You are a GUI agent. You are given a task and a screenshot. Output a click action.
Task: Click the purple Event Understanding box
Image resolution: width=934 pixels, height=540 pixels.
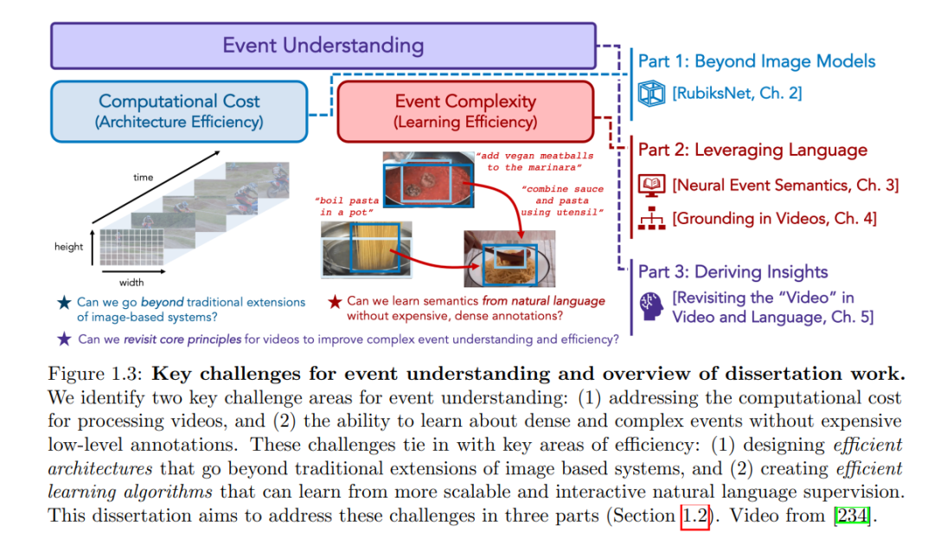coord(323,46)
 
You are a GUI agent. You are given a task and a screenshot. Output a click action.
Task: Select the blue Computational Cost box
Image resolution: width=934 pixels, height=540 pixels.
coord(179,112)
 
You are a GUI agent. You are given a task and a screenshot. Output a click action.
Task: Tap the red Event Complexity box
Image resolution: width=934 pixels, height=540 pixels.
coord(465,112)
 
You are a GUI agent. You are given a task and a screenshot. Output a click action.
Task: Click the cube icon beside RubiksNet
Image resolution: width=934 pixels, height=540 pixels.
coord(651,93)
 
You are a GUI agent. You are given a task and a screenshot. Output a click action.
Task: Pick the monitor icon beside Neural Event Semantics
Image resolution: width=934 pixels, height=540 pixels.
coord(651,185)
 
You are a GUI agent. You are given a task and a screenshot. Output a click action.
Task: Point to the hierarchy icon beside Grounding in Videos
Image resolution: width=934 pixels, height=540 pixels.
coord(651,219)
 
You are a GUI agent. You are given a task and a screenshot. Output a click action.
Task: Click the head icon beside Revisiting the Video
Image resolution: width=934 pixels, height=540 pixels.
coord(651,306)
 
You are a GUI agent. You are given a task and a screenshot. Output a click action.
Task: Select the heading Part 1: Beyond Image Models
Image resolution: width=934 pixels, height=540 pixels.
coord(757,61)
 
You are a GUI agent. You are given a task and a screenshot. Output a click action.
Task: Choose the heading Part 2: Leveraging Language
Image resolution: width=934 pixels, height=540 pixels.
coord(752,150)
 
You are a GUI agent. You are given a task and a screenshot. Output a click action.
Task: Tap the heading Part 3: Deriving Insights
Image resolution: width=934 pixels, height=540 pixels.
coord(732,272)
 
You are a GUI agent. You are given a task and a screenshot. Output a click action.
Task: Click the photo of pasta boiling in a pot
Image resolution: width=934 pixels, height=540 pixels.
coord(366,249)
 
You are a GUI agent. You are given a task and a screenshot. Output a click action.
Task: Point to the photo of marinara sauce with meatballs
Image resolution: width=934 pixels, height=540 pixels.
coord(428,179)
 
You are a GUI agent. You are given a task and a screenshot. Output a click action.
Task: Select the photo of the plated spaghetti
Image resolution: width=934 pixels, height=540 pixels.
coord(509,259)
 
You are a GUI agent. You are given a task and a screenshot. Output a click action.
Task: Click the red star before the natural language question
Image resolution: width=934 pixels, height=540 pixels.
coord(335,302)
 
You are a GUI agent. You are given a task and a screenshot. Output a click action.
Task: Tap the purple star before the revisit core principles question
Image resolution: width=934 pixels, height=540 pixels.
coord(64,339)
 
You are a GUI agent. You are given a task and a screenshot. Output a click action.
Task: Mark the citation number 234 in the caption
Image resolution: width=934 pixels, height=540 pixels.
coord(853,515)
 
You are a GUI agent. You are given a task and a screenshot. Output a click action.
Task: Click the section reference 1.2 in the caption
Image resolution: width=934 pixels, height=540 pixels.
coord(695,516)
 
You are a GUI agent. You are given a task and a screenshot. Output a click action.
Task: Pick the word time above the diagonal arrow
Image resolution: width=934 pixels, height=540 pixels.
coord(143,177)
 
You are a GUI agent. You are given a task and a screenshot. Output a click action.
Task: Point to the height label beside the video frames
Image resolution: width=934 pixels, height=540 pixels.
coord(68,246)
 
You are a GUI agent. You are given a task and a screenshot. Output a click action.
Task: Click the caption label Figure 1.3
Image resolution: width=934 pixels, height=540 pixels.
coord(95,375)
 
